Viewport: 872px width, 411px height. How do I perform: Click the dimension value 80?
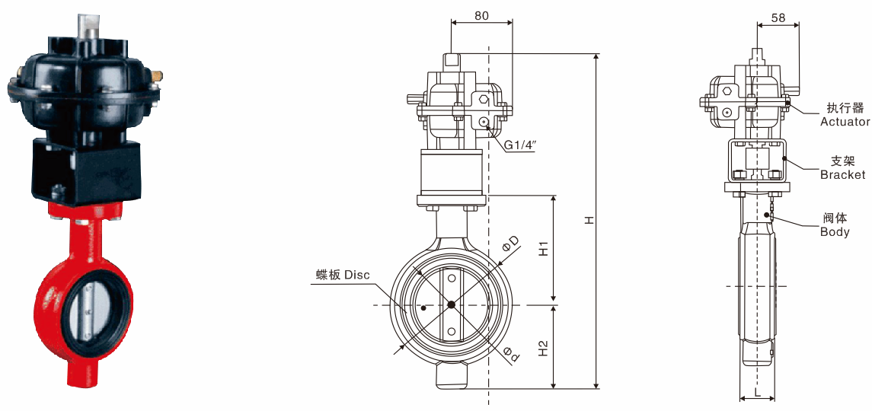(481, 15)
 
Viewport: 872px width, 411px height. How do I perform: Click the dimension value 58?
(778, 18)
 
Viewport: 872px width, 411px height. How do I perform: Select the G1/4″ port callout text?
(519, 145)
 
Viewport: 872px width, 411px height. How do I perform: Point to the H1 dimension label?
(545, 249)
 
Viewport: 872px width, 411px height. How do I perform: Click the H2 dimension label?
(545, 348)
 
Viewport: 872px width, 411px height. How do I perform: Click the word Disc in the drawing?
(357, 275)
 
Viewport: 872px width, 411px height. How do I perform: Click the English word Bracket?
(843, 174)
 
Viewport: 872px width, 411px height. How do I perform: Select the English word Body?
(835, 231)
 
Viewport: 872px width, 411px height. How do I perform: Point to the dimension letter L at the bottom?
(758, 392)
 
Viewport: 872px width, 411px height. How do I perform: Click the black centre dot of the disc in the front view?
(451, 304)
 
